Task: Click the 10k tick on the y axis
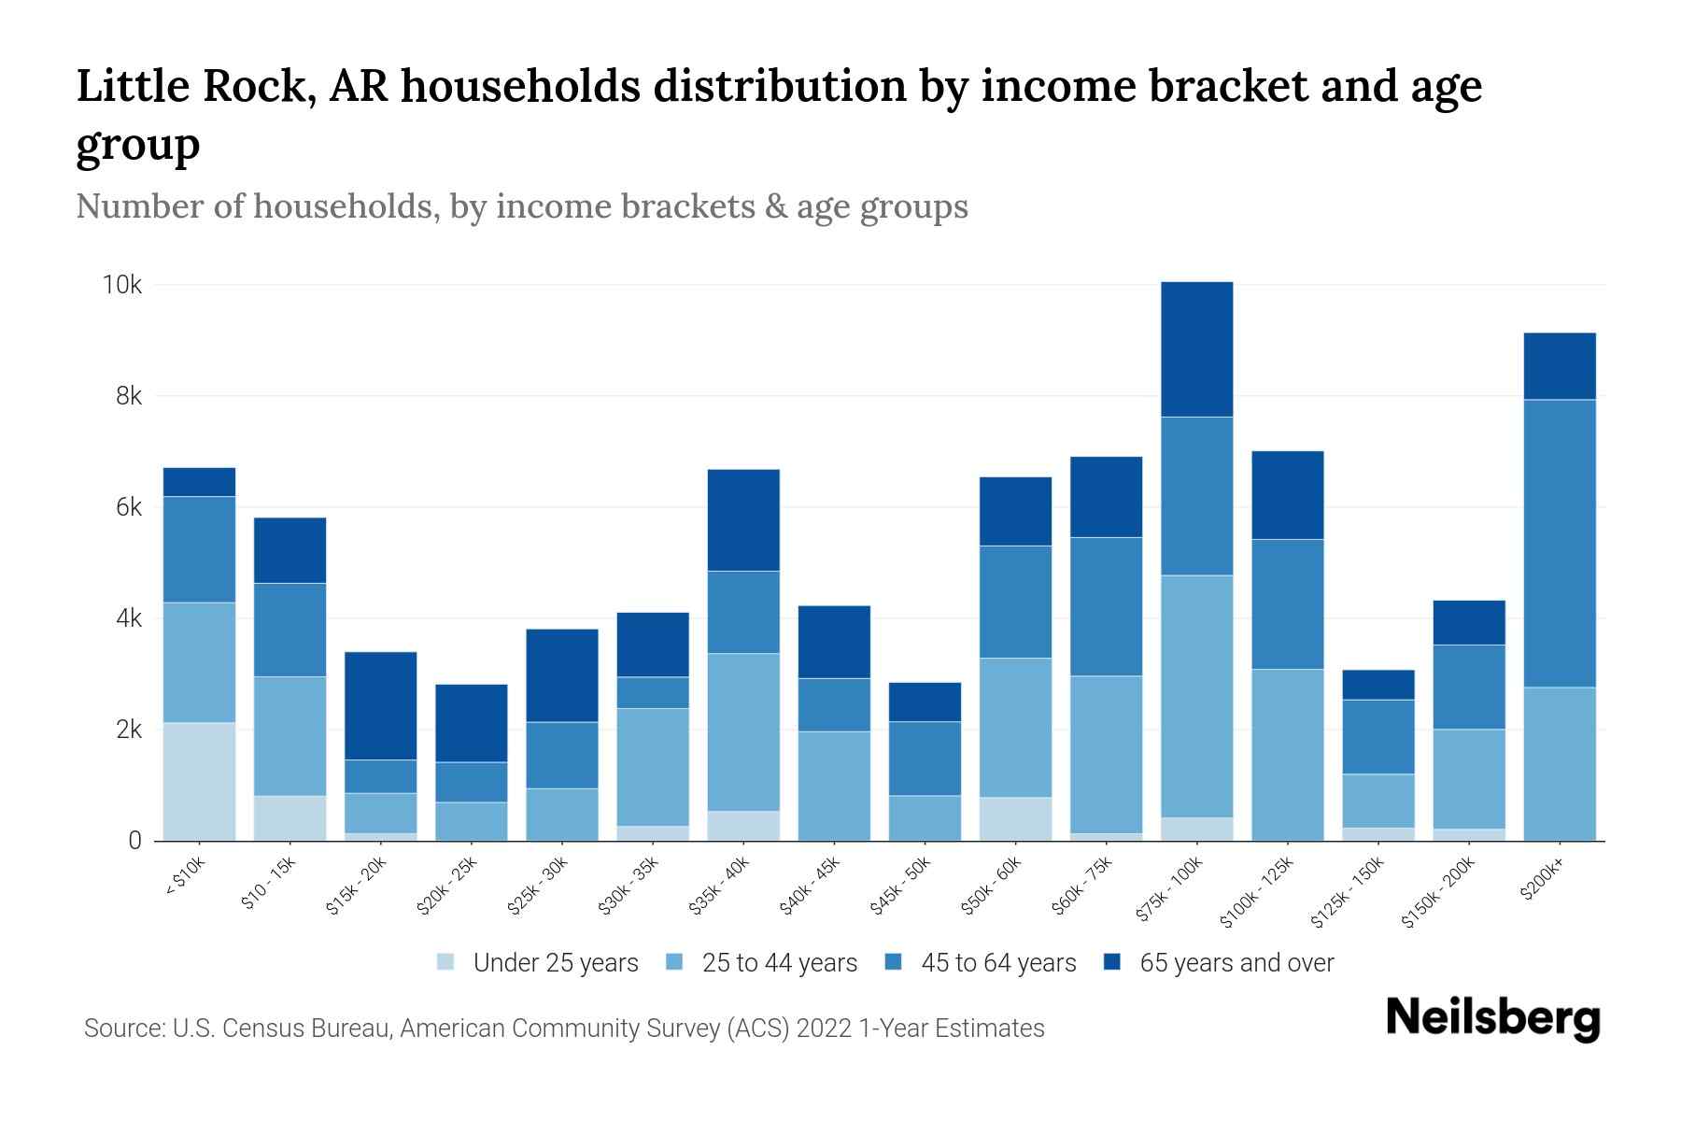click(121, 285)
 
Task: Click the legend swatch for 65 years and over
click(1112, 962)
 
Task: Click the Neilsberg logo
click(1492, 1018)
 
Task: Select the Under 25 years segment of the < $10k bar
click(199, 782)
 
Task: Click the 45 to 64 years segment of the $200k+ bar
click(1559, 544)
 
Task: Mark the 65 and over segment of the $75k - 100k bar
click(1196, 349)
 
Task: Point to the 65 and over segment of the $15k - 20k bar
click(380, 706)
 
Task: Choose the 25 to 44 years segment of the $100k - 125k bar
click(1287, 755)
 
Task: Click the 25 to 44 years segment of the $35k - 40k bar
click(743, 731)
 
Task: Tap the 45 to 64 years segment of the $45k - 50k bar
click(925, 759)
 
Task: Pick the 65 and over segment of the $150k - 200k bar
click(1468, 623)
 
